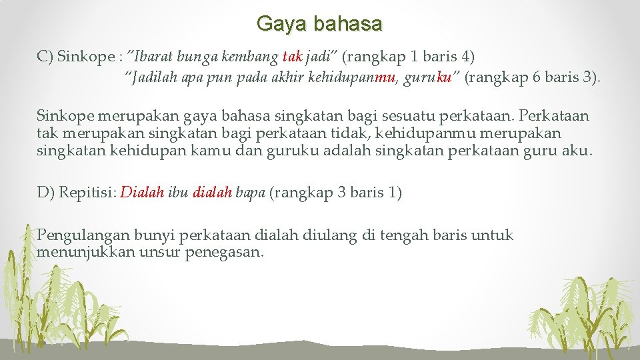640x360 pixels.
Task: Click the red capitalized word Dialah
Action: point(142,193)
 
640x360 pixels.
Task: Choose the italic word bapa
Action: point(251,193)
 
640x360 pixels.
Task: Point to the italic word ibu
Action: point(178,193)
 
